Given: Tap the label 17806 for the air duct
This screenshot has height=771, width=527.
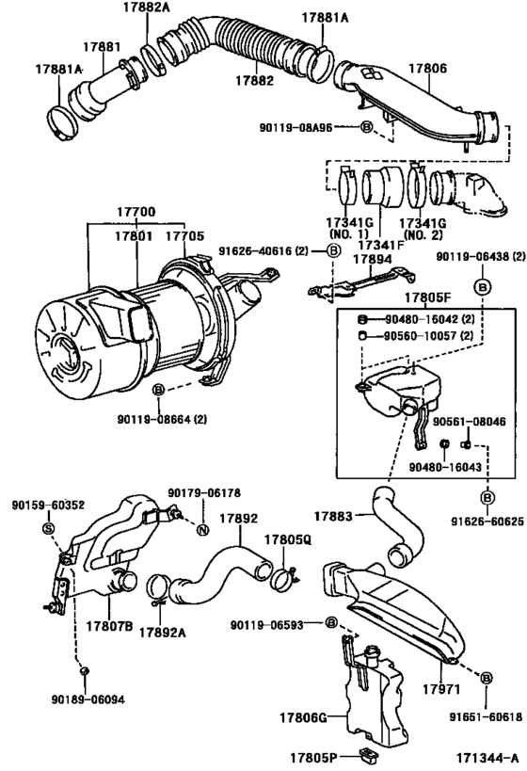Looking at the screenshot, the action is [x=427, y=68].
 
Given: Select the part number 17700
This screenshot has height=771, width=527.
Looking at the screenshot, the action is [x=136, y=212].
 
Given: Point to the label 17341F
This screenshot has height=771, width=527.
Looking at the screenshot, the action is [x=380, y=245].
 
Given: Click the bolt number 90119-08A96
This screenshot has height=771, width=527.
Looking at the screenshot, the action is [x=295, y=127].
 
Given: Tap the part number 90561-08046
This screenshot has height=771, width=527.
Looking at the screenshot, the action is [x=469, y=422].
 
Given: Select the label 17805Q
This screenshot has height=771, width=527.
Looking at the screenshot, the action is [x=288, y=539].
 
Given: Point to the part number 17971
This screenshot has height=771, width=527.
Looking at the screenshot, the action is [x=441, y=689].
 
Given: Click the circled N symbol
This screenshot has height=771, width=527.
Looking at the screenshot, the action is [x=202, y=530].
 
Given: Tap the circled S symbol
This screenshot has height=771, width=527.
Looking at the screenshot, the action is [x=48, y=528].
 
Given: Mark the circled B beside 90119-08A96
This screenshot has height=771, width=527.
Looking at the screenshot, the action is [x=367, y=127].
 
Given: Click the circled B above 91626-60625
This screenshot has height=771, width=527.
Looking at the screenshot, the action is [x=487, y=498].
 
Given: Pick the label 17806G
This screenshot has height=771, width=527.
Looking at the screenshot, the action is [x=303, y=718].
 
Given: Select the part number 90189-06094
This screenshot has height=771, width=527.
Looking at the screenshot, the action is [x=88, y=699].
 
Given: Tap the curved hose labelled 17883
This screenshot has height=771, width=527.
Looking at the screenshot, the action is [x=398, y=526].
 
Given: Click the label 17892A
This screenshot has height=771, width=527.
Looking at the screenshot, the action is [x=162, y=633].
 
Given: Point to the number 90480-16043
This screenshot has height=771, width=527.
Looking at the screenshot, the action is [x=445, y=467].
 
